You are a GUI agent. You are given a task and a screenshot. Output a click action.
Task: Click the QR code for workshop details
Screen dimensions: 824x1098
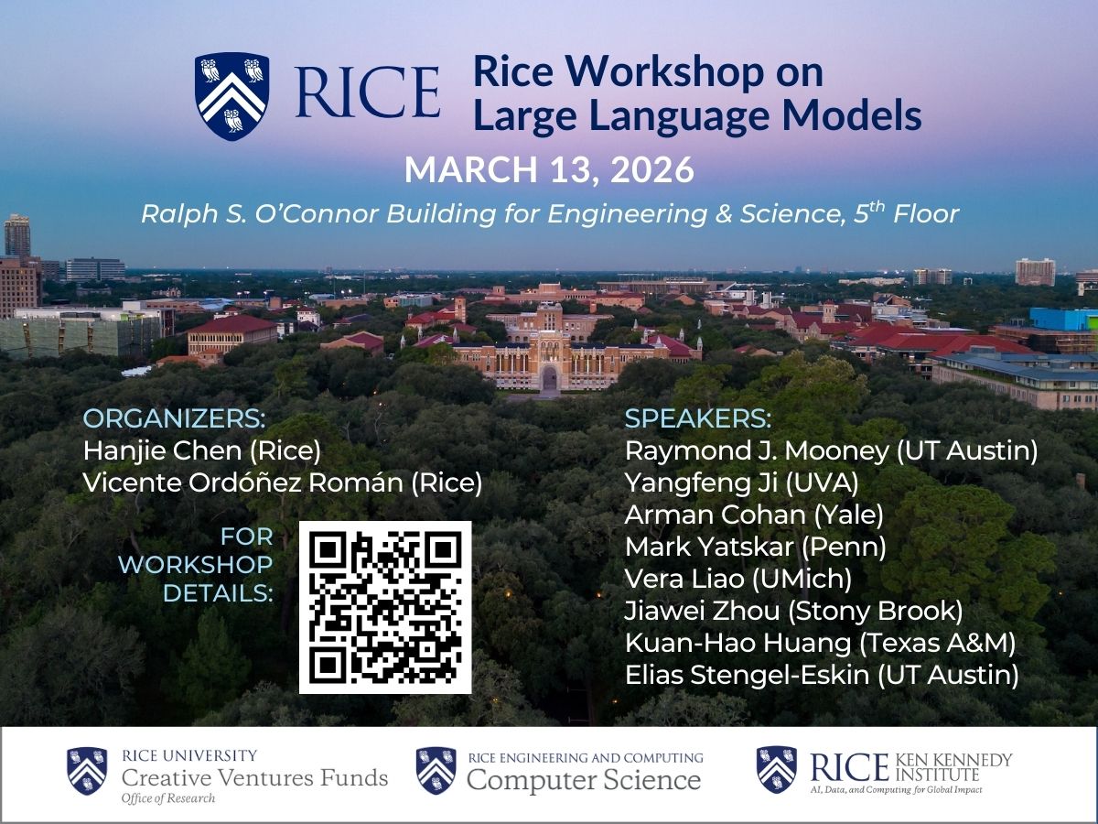point(384,607)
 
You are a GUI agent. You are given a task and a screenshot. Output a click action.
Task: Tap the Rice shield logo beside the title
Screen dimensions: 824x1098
point(231,95)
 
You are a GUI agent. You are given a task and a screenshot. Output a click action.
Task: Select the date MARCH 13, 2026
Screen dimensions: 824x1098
point(549,170)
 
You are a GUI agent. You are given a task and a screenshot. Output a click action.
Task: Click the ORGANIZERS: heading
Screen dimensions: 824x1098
point(174,419)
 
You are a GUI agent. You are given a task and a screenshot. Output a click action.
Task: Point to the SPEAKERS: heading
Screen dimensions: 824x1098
point(697,419)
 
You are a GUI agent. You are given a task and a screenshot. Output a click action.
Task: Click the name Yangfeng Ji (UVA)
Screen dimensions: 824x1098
point(741,482)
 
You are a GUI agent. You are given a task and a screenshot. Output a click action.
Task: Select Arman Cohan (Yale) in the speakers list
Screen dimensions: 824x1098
point(754,515)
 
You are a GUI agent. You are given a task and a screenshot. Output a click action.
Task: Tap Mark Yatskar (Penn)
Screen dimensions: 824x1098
point(756,547)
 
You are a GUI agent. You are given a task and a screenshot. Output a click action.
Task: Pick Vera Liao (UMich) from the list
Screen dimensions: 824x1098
point(738,579)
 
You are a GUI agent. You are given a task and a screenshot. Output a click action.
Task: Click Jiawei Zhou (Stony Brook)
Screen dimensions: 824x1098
point(793,611)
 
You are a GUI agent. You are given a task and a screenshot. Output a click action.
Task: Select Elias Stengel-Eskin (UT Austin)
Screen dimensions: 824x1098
point(822,676)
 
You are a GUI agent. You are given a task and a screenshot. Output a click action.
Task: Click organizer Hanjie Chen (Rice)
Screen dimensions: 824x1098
point(202,450)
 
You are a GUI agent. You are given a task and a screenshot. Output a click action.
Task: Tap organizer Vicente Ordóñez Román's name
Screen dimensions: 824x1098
point(282,482)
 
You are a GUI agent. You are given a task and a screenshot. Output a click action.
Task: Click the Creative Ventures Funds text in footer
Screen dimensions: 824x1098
point(254,779)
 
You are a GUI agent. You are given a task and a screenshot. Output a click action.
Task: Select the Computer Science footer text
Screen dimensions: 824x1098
point(584,781)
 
